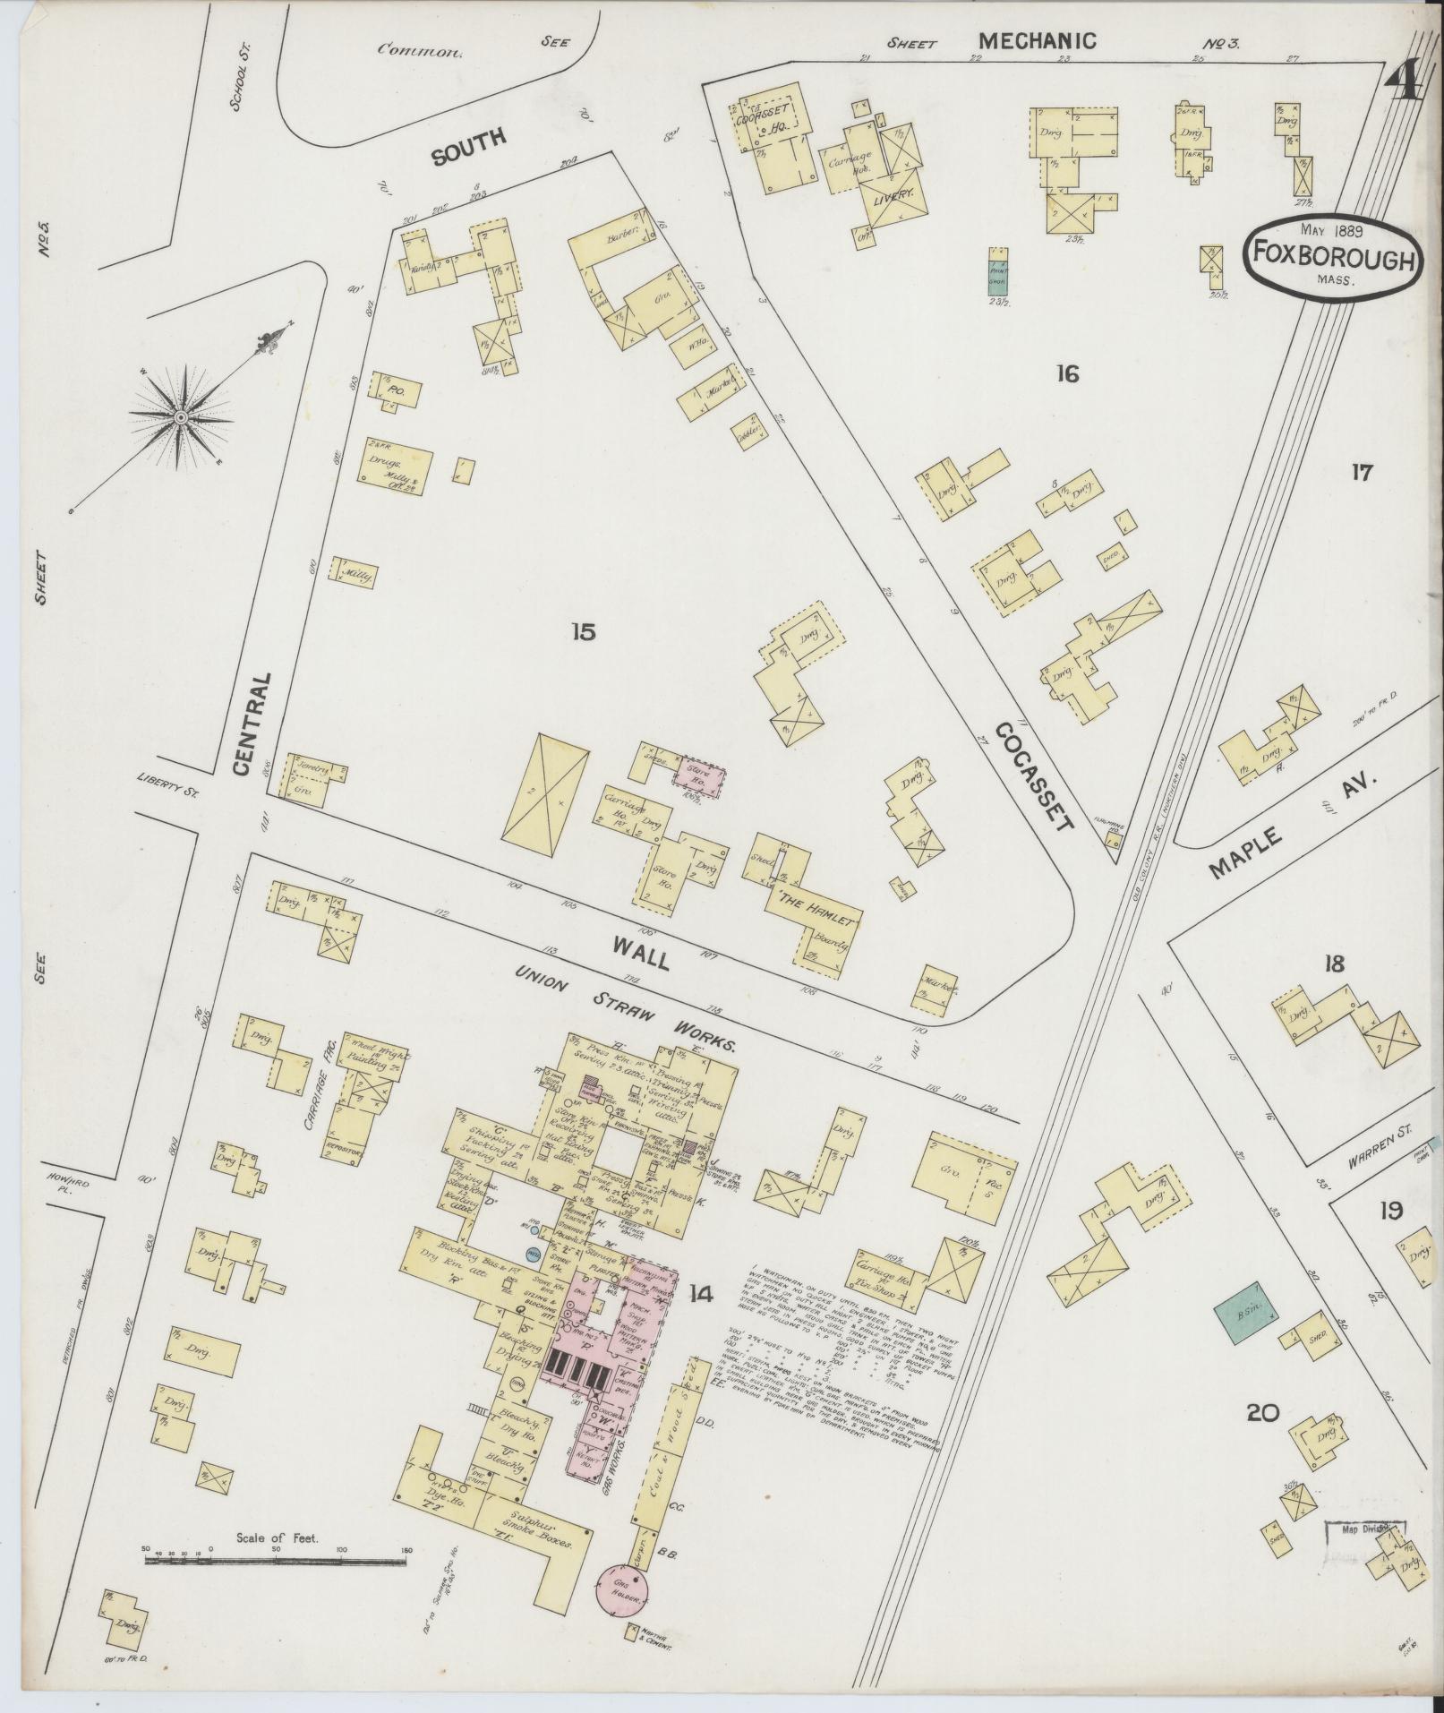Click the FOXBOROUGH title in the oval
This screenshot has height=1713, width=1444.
pyautogui.click(x=1331, y=257)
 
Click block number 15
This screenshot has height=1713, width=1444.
pyautogui.click(x=583, y=632)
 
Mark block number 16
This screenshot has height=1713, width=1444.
pyautogui.click(x=1067, y=373)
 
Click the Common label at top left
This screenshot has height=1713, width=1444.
pyautogui.click(x=420, y=50)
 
